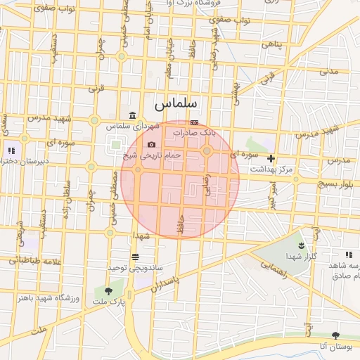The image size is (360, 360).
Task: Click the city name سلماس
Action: pos(176,103)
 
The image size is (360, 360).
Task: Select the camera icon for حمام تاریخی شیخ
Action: pos(152,144)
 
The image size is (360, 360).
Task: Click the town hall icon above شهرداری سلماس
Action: pos(132,116)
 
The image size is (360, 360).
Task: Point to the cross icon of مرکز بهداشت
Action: pos(271,159)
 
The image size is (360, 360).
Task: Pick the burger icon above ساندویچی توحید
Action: pos(135,257)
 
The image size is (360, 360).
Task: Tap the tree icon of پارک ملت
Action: pos(108,291)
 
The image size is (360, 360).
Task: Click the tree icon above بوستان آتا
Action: pos(335,335)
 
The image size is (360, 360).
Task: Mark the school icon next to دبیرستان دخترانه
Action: pos(11,150)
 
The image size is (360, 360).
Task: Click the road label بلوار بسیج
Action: pos(335,184)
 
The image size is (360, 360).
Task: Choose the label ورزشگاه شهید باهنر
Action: pos(46,300)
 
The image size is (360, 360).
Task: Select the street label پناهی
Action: pos(272,44)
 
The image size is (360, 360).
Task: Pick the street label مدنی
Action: pos(329,70)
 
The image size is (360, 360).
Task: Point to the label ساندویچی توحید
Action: pos(126,268)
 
